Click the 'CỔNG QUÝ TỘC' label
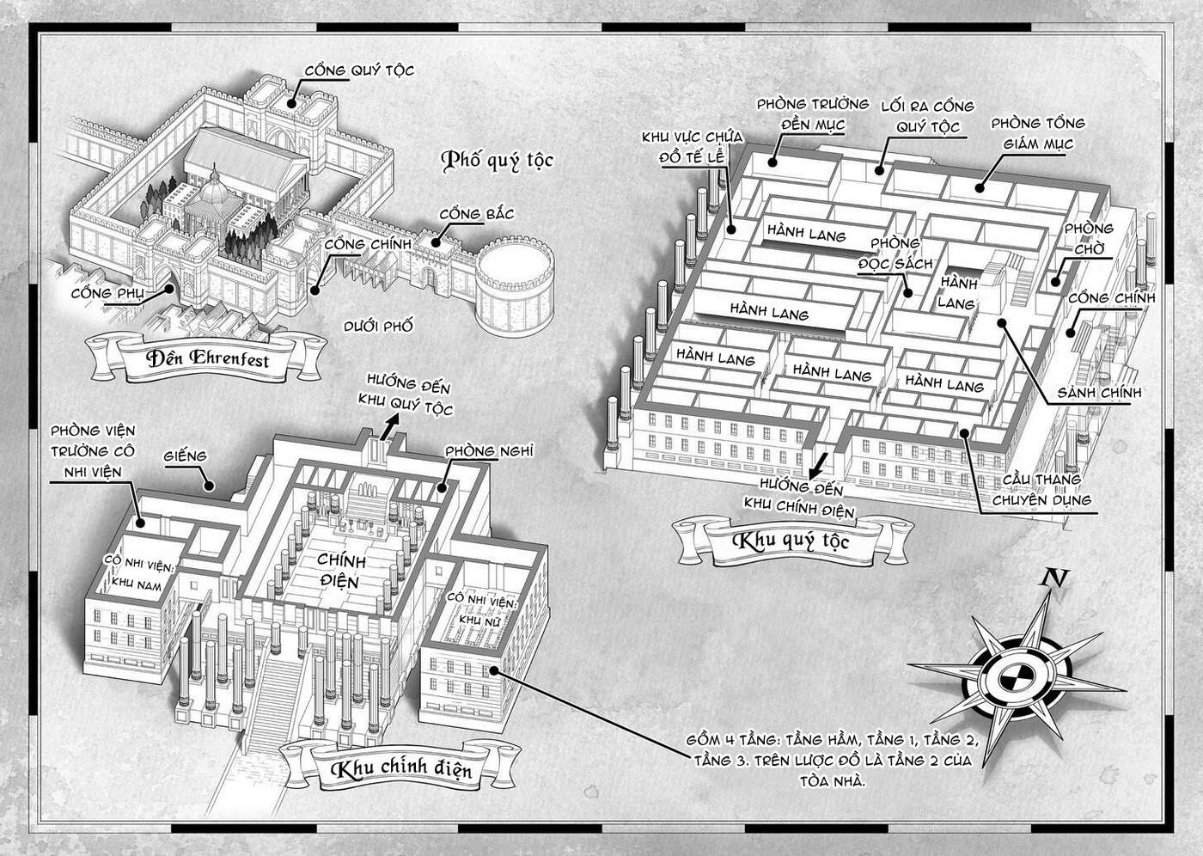coord(359,70)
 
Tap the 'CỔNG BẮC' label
coord(477,214)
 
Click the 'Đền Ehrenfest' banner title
coord(207,358)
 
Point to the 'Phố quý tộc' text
coord(497,161)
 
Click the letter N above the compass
coord(1055,578)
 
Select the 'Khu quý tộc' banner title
coord(791,541)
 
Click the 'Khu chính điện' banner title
coord(401,768)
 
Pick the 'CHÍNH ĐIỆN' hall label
coord(341,571)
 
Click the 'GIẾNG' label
coord(186,456)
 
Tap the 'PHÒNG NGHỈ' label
coord(489,451)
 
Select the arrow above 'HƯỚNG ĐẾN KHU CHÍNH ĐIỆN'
coord(818,466)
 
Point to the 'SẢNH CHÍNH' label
coord(1099,393)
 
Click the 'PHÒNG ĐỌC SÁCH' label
coord(895,254)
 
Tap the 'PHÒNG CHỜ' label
coord(1090,238)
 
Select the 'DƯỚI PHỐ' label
coord(379,326)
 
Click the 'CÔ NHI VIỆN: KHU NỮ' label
coord(481,609)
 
